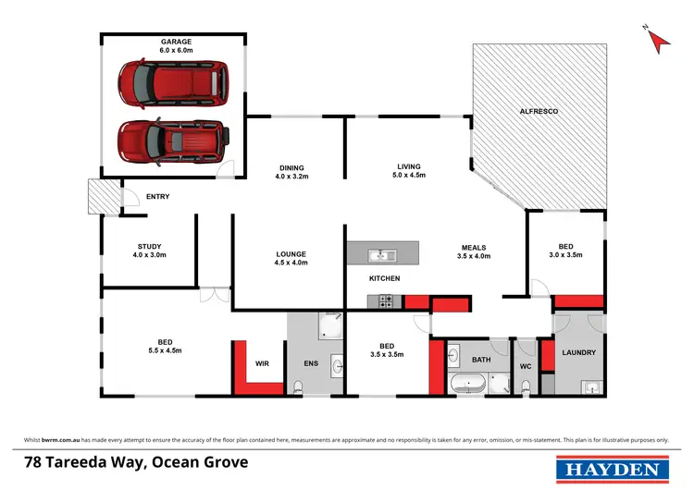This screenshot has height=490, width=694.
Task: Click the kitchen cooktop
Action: (x=385, y=300)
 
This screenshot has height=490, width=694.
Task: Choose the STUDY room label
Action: (x=149, y=251)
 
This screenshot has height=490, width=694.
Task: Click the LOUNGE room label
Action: (x=291, y=258)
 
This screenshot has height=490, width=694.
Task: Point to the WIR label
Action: (x=262, y=363)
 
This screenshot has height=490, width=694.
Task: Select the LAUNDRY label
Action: (x=578, y=352)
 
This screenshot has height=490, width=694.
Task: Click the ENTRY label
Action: (x=158, y=197)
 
